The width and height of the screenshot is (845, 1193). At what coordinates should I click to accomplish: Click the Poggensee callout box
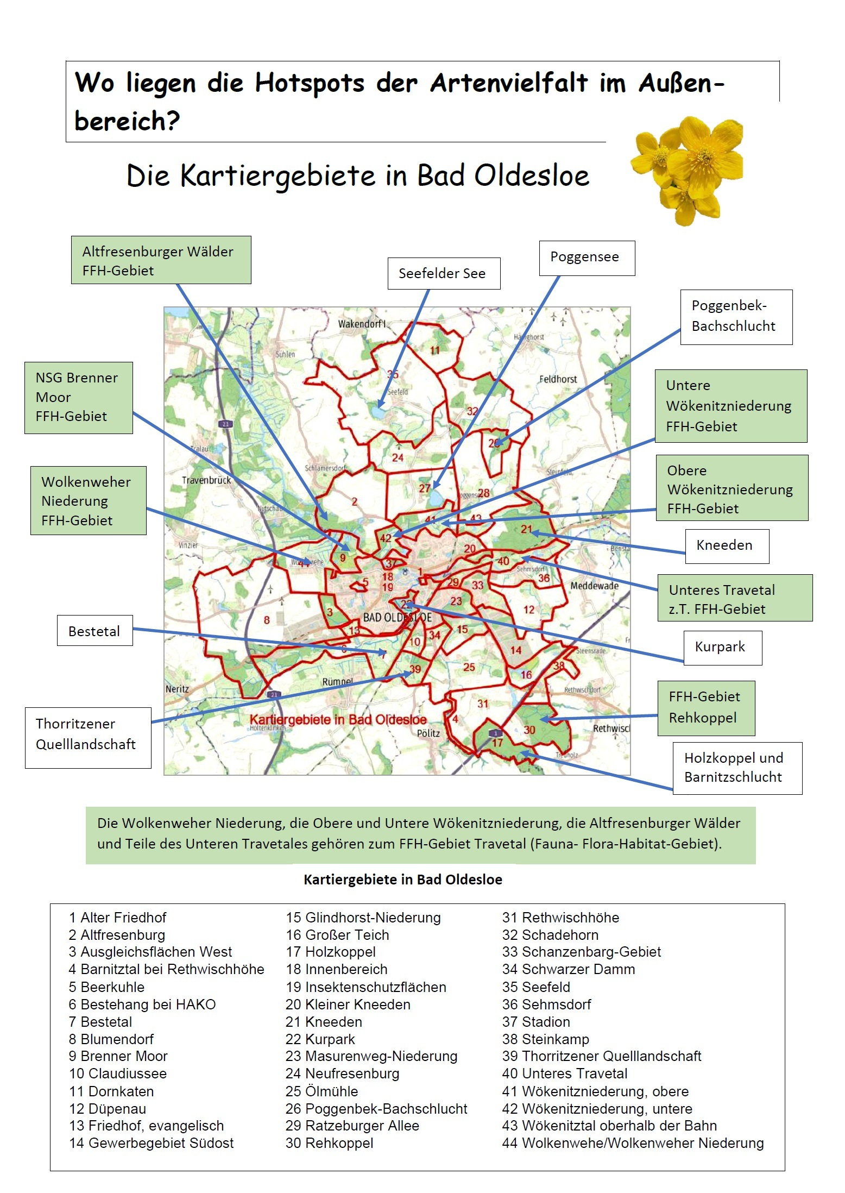tap(587, 258)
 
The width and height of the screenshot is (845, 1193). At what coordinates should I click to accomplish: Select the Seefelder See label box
tap(443, 273)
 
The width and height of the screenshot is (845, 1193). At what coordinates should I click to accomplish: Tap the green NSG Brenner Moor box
tap(78, 397)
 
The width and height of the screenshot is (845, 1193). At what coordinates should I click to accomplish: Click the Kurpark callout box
tap(722, 647)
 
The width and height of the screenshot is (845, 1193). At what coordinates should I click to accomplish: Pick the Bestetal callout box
tap(94, 631)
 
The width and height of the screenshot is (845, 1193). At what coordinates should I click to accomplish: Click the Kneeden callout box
tap(726, 545)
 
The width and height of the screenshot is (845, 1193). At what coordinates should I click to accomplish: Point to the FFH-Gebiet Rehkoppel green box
tap(705, 707)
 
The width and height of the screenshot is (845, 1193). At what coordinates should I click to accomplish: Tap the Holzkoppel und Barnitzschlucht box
tap(736, 768)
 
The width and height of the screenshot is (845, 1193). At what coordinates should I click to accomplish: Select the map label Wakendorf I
tap(362, 324)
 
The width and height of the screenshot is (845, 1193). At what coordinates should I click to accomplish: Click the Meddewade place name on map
tap(594, 586)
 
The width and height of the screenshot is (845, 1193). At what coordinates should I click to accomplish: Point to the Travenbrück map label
tap(206, 480)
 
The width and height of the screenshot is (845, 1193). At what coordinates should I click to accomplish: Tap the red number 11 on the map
tap(434, 350)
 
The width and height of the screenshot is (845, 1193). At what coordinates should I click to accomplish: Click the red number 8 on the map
tap(267, 620)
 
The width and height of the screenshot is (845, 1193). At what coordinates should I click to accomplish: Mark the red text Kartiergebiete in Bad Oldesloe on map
tap(338, 719)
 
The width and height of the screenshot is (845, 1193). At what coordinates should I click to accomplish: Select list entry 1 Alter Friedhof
tap(118, 918)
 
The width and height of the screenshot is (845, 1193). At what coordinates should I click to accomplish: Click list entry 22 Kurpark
tap(320, 1039)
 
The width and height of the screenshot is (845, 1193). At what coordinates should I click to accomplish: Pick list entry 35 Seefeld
tap(536, 987)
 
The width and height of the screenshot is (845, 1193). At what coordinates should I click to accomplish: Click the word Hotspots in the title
tap(310, 83)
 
